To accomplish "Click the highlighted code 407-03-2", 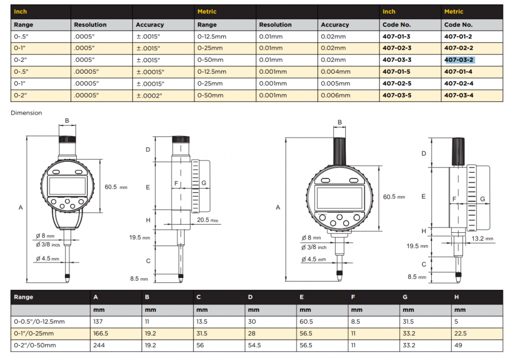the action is pos(459,60).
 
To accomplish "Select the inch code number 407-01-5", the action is pos(397,72).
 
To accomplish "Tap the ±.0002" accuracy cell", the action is pos(149,95).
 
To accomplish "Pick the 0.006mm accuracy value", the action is pos(335,95).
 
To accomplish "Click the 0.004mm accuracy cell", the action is pos(335,72).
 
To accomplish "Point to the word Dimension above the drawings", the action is pos(26,113).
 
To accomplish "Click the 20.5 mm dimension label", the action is pos(208,220).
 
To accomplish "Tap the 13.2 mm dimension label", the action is pos(482,239).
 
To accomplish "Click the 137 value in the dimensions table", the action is pos(98,321).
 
